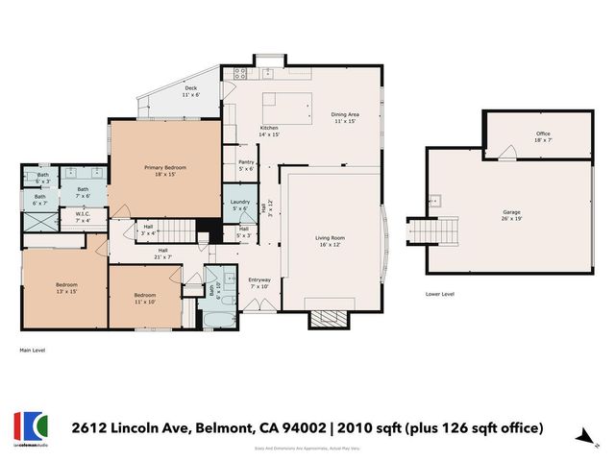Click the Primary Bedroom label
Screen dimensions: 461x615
pos(165,171)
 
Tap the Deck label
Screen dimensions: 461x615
pos(190,92)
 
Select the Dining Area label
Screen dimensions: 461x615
pos(345,118)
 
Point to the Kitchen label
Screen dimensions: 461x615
pos(269,131)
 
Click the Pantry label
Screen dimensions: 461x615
pos(245,165)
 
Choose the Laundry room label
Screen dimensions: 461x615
pos(240,205)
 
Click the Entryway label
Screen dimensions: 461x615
pos(259,282)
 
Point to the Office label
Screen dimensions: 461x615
pos(543,136)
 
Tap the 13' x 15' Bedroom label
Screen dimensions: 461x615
pos(65,288)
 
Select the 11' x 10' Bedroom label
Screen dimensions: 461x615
pos(145,297)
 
